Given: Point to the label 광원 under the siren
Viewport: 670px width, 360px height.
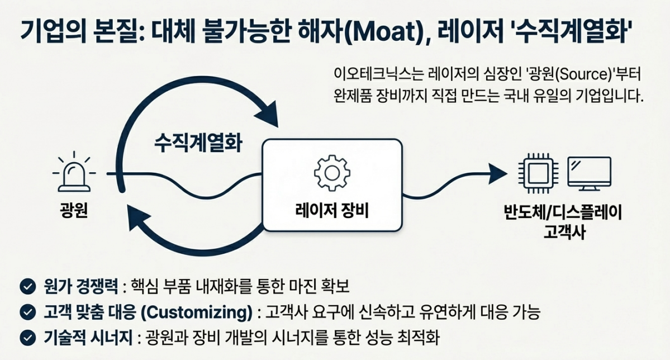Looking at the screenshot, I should click(73, 211).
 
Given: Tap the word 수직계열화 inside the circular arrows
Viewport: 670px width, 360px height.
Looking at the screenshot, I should click(198, 143).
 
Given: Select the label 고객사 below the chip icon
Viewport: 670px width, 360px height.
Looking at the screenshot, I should click(564, 231).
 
